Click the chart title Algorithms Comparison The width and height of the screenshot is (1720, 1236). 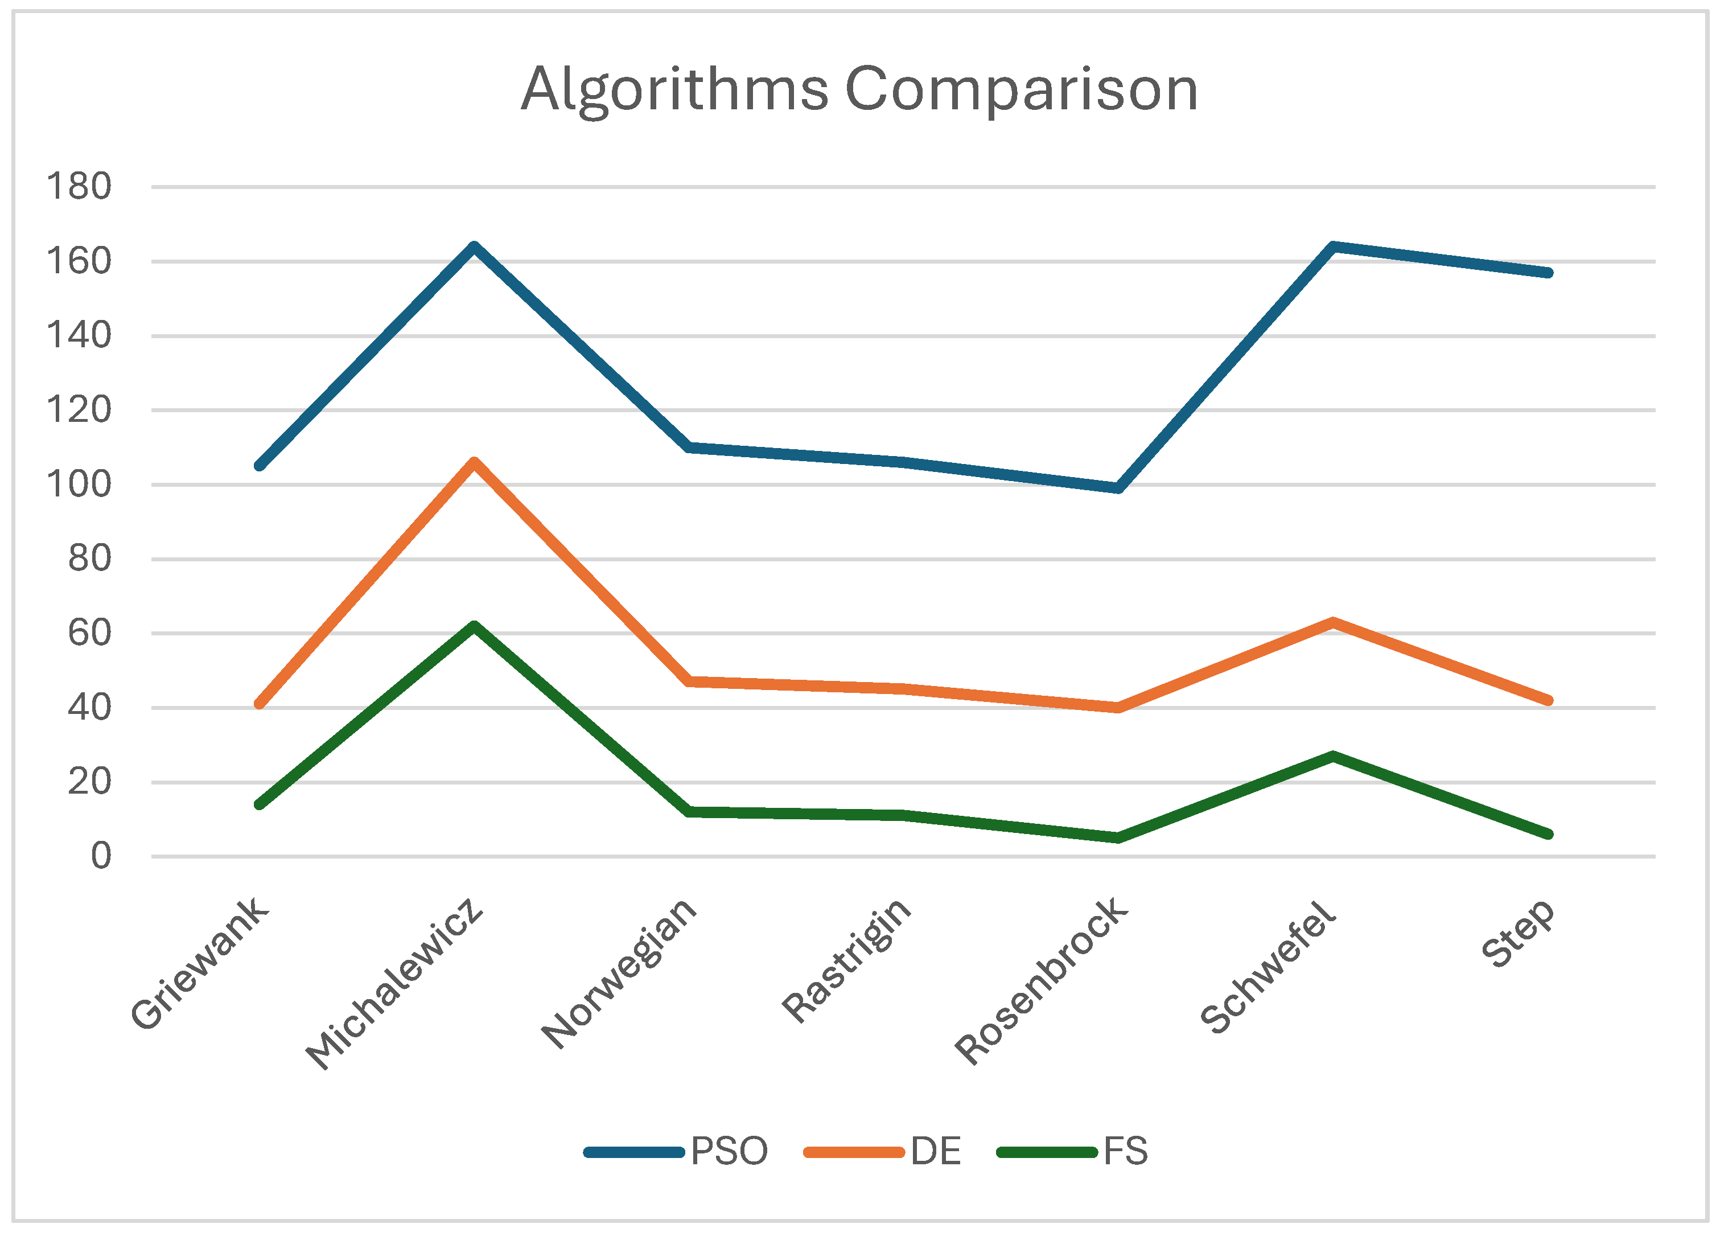pos(859,89)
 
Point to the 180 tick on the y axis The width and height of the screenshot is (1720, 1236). pos(79,187)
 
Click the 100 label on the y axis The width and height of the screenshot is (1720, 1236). pos(79,484)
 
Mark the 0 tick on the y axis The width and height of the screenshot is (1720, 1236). pos(101,856)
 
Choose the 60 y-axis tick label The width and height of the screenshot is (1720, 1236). pos(89,633)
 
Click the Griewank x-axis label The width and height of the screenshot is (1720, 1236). pos(199,964)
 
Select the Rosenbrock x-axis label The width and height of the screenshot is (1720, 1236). pos(1040,981)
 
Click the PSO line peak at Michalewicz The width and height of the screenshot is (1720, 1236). pos(474,247)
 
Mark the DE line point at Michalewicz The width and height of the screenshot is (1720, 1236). pos(474,462)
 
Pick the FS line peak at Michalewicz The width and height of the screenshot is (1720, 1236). pos(474,627)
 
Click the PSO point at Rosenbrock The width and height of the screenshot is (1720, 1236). pos(1118,488)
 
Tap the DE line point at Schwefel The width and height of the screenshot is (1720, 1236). pos(1332,623)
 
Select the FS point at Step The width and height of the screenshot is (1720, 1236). pos(1548,834)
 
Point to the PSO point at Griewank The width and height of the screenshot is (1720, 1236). pos(260,465)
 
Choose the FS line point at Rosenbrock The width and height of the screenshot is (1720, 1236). pos(1118,837)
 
